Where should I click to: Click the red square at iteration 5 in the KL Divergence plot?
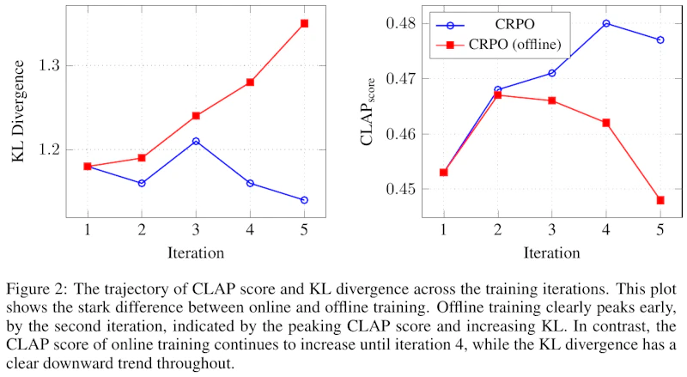(304, 23)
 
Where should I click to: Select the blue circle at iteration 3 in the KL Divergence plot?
(196, 141)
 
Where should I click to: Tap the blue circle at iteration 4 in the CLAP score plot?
(606, 23)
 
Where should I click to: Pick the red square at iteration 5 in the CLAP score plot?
(660, 200)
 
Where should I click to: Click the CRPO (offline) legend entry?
(499, 45)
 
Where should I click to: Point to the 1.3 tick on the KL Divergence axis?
(48, 66)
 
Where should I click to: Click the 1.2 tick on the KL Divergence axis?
(48, 149)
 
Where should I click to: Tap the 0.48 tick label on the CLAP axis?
(400, 23)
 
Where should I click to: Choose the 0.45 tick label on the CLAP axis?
(400, 190)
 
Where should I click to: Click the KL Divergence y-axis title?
(18, 111)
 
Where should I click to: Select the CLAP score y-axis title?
(368, 112)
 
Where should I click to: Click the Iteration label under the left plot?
(196, 253)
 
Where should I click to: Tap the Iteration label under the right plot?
(551, 253)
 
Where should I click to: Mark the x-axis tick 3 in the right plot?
(551, 229)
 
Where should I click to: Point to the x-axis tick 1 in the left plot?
(88, 229)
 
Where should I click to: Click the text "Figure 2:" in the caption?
(37, 289)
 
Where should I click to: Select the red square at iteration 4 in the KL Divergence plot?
(250, 82)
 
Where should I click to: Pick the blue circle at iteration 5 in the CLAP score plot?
(660, 40)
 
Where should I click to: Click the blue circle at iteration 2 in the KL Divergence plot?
(142, 183)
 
